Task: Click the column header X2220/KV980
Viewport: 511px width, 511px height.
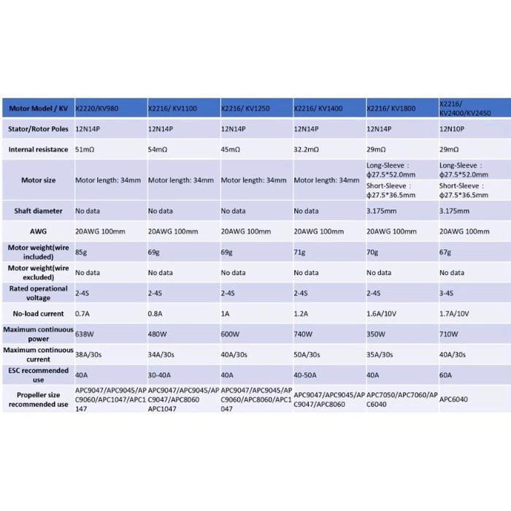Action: (x=96, y=109)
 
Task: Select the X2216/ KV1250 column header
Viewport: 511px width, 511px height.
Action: (x=245, y=109)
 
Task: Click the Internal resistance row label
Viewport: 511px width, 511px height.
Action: (x=38, y=150)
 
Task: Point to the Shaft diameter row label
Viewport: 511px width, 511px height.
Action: (x=38, y=211)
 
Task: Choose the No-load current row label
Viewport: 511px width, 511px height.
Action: (x=38, y=314)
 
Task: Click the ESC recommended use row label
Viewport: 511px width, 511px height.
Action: (x=38, y=375)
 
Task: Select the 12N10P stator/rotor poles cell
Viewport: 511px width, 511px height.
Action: (x=452, y=128)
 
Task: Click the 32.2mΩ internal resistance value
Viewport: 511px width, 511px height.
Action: (x=307, y=150)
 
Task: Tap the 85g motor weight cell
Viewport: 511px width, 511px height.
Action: (x=82, y=253)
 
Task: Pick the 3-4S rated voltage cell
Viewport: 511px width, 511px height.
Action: (x=447, y=293)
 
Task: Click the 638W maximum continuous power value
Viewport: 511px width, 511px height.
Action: (x=85, y=334)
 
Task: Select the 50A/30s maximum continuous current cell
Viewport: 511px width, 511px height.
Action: (x=307, y=355)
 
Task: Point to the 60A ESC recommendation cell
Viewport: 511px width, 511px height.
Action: (x=446, y=375)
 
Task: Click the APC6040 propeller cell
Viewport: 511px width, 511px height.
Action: (x=454, y=399)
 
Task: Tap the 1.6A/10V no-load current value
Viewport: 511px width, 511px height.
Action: (x=381, y=314)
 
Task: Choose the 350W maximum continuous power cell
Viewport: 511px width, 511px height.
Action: (x=376, y=334)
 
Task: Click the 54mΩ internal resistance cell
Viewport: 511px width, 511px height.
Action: (x=158, y=150)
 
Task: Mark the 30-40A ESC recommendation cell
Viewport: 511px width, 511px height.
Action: (x=160, y=375)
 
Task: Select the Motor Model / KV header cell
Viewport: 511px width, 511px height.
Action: (x=38, y=109)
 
